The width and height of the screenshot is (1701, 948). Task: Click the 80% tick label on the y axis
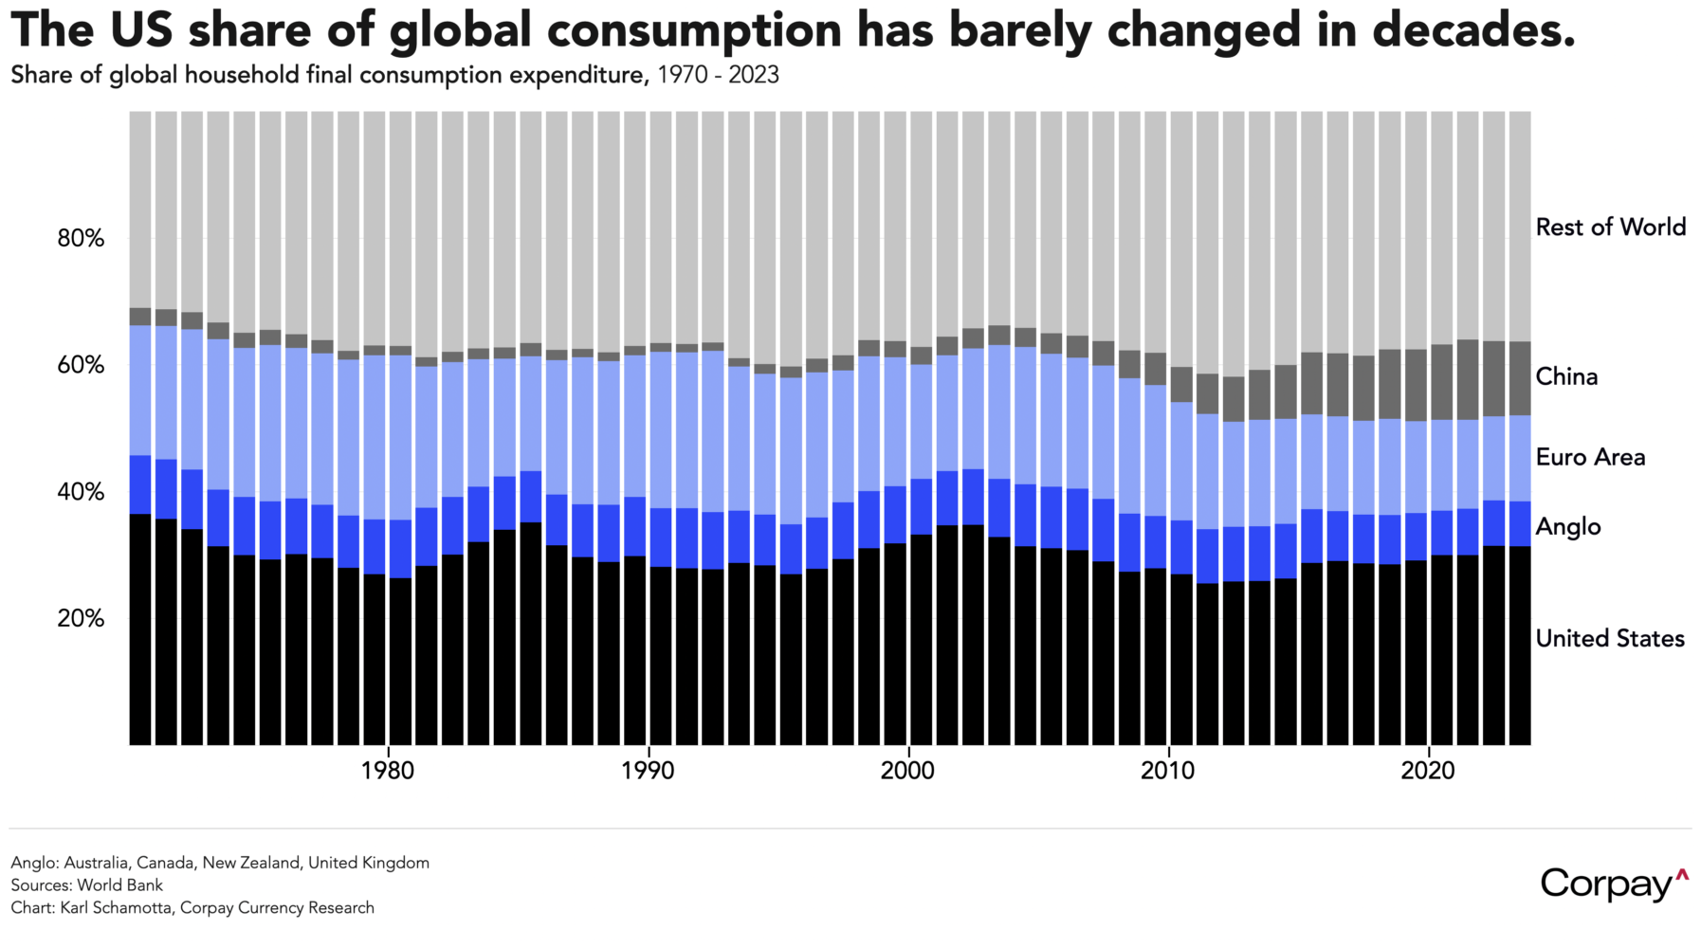[81, 238]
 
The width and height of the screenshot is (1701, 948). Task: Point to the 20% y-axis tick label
[81, 618]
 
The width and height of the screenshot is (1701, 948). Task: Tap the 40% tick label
[81, 492]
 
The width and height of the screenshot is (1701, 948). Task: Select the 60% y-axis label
[81, 365]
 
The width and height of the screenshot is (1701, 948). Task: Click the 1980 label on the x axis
[388, 771]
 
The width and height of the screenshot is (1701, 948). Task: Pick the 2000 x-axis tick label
[908, 771]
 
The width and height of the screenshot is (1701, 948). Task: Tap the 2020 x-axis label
[1428, 771]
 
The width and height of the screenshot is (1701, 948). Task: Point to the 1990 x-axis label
[649, 771]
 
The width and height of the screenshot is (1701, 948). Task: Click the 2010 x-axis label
[1168, 771]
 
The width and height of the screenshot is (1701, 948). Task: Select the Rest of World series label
[1610, 228]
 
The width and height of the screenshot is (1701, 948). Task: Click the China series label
[1566, 377]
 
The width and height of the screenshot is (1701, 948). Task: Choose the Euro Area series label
[1590, 458]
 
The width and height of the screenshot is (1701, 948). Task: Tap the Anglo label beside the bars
[1568, 527]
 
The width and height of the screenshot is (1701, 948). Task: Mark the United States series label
[1610, 639]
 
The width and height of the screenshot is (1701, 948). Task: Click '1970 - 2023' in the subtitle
[718, 76]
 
